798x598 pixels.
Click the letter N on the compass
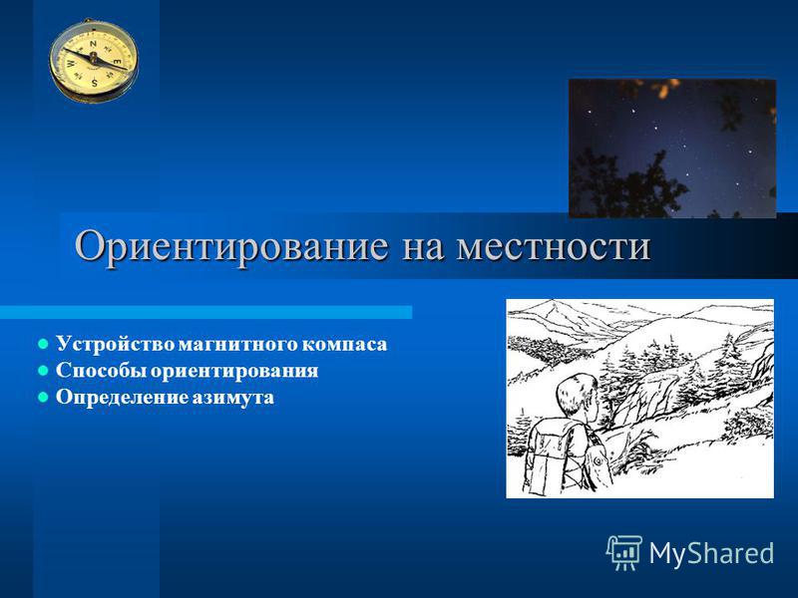tap(93, 44)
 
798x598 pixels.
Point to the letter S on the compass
tap(95, 82)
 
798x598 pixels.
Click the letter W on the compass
tap(71, 64)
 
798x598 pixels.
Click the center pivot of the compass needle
tap(94, 58)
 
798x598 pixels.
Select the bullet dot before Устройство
tap(44, 344)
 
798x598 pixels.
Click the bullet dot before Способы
tap(44, 371)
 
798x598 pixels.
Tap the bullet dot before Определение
tap(44, 397)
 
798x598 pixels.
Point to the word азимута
tap(232, 397)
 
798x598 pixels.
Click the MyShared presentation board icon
tap(624, 552)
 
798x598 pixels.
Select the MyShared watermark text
tap(711, 553)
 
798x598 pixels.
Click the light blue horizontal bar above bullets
tap(205, 312)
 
